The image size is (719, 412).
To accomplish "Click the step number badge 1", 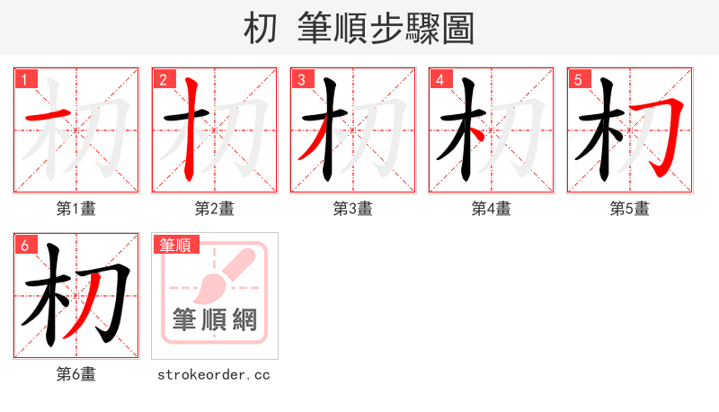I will tap(24, 80).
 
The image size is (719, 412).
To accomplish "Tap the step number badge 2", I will tap(163, 80).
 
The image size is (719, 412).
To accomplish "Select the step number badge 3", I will tap(301, 80).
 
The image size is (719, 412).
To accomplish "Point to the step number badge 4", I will tap(439, 80).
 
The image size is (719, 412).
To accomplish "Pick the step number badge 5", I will tap(578, 80).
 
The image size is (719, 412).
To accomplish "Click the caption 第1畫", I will tap(76, 209).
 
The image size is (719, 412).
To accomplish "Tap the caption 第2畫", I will tap(215, 209).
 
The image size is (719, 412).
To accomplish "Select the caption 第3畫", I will tap(353, 209).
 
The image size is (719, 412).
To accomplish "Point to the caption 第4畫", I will tap(492, 209).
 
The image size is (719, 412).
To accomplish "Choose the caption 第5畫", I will tap(630, 209).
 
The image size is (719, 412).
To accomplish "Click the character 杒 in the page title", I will tap(261, 29).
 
